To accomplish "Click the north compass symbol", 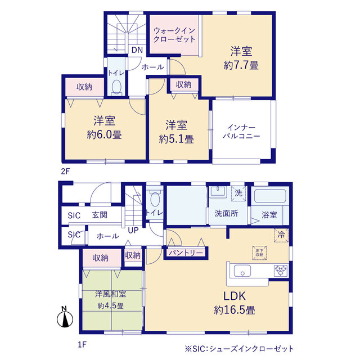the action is coord(65,317).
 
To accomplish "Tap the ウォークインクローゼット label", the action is coord(174,35).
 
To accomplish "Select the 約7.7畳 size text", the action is coord(241,65).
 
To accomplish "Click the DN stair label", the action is coord(137,50).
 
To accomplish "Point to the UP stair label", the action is coord(133,230).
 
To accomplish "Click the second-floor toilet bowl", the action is coord(116,87).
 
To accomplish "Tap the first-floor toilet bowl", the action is coord(155,199).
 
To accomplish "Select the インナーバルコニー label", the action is coord(241,132).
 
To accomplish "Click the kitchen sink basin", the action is coord(242,271).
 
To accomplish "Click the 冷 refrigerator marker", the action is coord(281,235).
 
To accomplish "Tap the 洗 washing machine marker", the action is coord(238,193).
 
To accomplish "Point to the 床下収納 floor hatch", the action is coord(259,253).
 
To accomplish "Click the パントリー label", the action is coord(186,253).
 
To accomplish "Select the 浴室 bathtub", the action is coord(270,196).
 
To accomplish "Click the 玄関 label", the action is coord(100,215).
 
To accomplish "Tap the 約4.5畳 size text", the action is coord(111,306).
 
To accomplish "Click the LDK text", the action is coord(235,296).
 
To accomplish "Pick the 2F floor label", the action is coord(65,171).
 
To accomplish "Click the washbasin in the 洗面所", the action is coord(218,192).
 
